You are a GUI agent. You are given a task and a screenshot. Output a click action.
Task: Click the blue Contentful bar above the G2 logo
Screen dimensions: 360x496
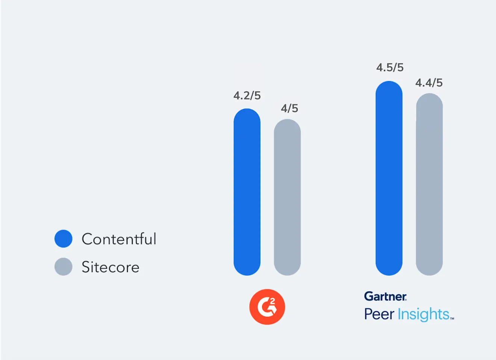coord(247,192)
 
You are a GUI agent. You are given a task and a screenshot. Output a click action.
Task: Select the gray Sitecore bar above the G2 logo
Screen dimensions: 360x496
coord(287,197)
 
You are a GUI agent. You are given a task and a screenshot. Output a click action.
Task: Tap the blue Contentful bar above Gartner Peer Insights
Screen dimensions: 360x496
coord(389,178)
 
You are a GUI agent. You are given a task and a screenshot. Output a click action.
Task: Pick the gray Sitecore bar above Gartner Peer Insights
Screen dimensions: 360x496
coord(429,184)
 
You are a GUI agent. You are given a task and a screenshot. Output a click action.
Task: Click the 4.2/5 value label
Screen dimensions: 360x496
coord(247,96)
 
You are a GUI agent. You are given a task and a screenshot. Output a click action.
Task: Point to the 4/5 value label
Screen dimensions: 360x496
coord(289,108)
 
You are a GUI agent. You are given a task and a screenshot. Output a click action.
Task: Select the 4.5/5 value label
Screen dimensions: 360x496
coord(390,68)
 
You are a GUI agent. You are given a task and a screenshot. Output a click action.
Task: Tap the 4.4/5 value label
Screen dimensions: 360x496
coord(429,83)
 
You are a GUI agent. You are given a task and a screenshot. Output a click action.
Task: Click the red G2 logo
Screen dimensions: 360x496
coord(267,307)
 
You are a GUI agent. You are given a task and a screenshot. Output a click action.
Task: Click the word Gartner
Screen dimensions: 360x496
coord(385,297)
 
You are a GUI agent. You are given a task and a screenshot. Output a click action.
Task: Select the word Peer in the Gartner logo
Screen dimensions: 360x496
coord(379,314)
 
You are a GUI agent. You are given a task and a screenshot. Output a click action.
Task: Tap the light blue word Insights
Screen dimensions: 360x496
coord(423,315)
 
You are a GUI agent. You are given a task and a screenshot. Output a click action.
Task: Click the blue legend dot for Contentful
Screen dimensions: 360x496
coord(64,239)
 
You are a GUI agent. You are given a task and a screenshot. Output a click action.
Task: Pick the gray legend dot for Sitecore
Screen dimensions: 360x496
coord(64,267)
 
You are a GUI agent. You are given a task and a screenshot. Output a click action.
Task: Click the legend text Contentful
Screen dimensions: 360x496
coord(119,239)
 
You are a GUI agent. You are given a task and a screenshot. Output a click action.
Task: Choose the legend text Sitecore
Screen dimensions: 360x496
coord(110,267)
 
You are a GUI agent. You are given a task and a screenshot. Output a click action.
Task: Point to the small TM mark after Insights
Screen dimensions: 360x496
coord(452,318)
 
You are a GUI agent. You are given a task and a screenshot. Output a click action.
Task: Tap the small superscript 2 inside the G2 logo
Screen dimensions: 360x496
coord(272,301)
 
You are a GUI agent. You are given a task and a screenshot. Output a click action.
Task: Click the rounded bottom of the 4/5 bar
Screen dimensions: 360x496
coord(287,269)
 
